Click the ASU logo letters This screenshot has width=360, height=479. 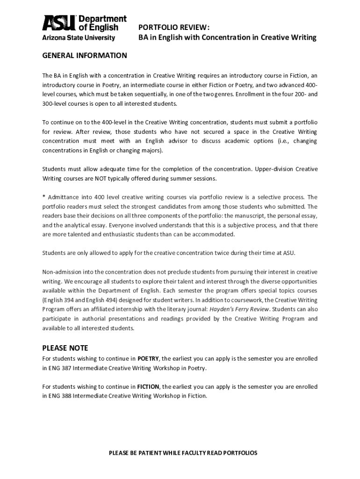(x=59, y=23)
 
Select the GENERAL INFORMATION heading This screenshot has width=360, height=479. (x=85, y=56)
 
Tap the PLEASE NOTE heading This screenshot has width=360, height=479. (x=65, y=348)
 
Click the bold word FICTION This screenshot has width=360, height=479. (x=148, y=386)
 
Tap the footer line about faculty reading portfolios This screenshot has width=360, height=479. (x=183, y=453)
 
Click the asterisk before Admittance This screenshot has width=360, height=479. (x=44, y=197)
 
